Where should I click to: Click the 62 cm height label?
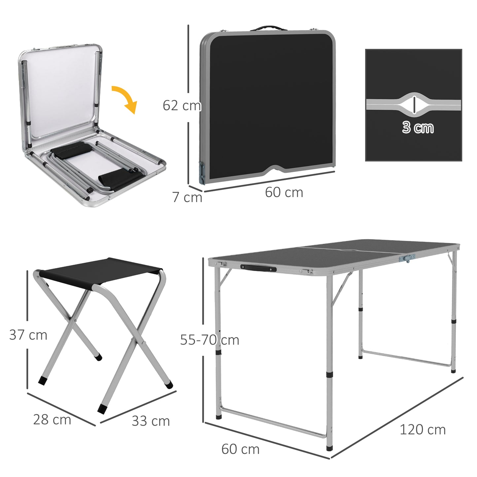182,106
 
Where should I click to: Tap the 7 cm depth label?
187,197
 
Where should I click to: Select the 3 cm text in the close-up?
418,128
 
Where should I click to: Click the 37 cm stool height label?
28,335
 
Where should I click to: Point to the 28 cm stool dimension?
52,420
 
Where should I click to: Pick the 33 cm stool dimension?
151,421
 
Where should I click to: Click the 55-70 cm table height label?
210,340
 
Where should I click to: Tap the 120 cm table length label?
423,430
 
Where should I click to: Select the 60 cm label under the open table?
240,449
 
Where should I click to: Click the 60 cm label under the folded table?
284,192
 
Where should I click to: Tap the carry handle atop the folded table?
267,28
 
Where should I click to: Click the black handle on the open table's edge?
258,268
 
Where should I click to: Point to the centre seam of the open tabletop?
350,250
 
